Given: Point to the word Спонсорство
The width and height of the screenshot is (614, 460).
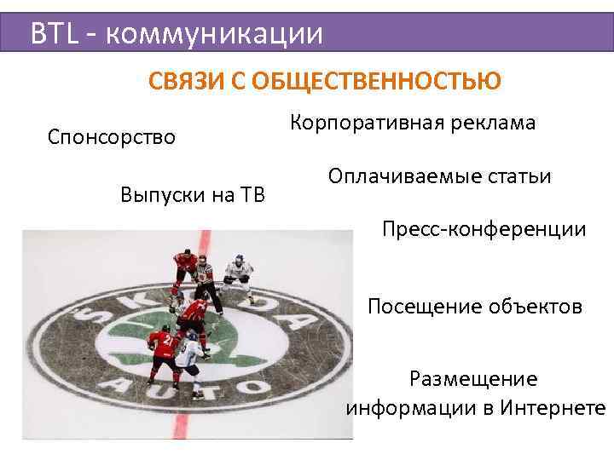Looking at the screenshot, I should (112, 136).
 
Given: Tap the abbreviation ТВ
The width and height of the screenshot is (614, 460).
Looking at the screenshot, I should (248, 195).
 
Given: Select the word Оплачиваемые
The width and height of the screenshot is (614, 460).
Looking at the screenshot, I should (392, 176).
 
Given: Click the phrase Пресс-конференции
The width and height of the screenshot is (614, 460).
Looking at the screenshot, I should (484, 229).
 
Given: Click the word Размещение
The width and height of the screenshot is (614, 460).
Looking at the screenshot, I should (473, 378).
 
